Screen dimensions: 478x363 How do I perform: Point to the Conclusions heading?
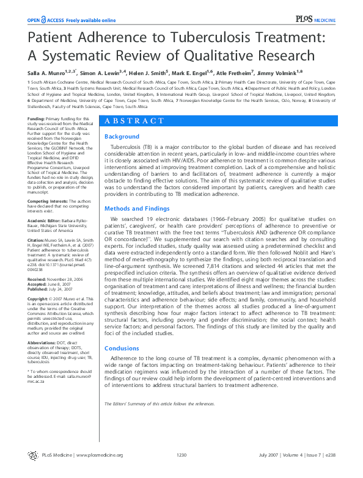click(122, 349)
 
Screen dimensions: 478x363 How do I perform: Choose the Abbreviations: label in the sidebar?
click(43, 342)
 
